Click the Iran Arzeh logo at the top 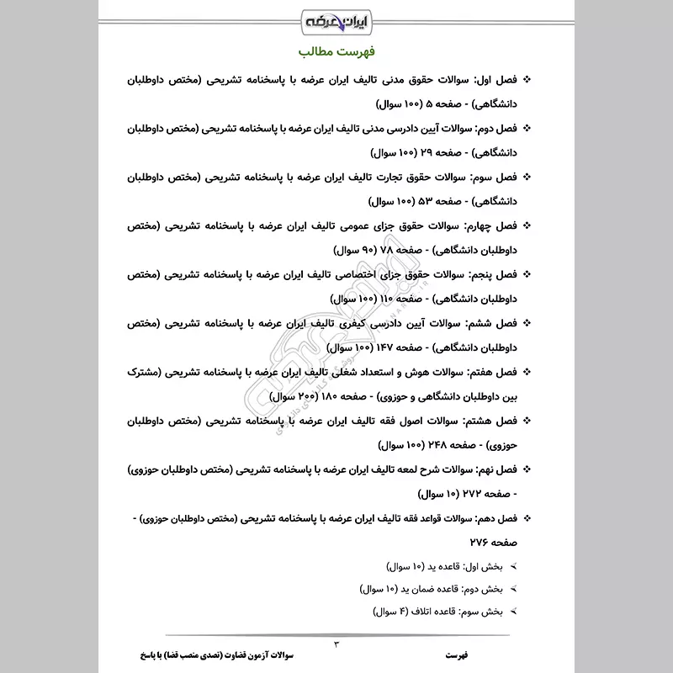point(336,19)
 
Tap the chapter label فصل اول point(495,82)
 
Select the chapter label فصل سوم point(494,178)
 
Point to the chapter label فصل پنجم point(494,275)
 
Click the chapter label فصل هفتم point(493,372)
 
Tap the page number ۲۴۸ point(416,444)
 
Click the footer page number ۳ point(336,644)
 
